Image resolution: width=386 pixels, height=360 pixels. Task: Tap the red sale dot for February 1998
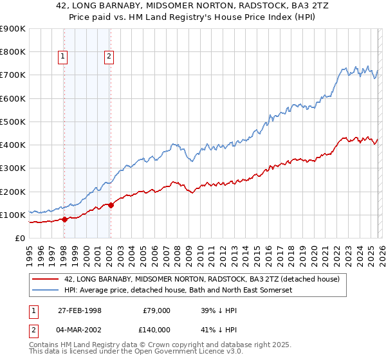[65, 219]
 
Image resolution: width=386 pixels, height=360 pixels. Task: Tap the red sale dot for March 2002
[111, 205]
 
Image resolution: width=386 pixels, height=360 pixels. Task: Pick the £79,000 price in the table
[156, 310]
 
